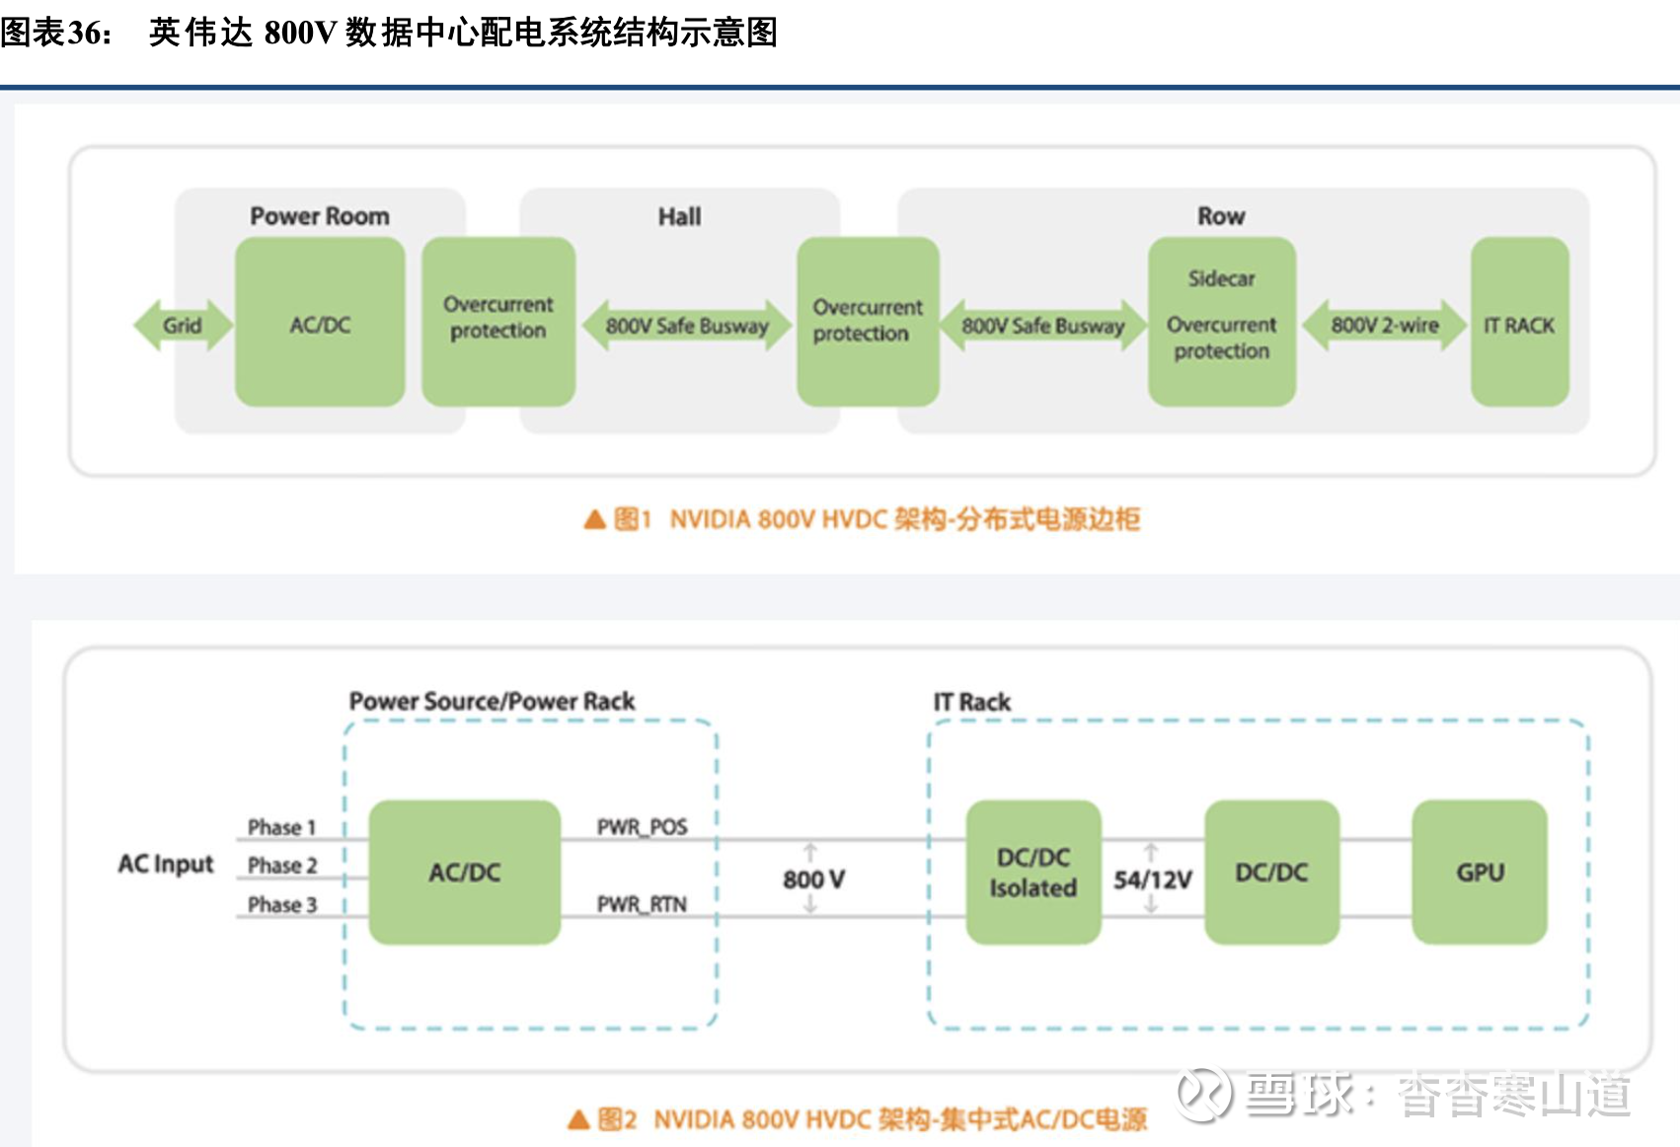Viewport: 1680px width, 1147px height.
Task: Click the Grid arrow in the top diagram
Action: pos(183,326)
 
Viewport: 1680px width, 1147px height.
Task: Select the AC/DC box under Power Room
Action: pos(320,323)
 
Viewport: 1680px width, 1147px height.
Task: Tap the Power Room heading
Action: pos(319,216)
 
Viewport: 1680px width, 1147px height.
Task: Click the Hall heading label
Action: pos(679,217)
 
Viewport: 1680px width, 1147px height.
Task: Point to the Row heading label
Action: pos(1221,216)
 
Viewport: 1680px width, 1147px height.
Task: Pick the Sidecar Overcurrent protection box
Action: pos(1221,322)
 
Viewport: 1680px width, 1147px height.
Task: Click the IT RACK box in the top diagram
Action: pos(1519,323)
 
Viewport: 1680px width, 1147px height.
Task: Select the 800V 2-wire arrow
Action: pos(1384,326)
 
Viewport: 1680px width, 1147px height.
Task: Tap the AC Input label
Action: pos(165,865)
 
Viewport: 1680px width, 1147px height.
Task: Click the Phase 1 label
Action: pos(281,827)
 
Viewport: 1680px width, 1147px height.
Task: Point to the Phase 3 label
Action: pos(281,905)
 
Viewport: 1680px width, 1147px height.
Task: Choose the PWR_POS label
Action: pos(642,827)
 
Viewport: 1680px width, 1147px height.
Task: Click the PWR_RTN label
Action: pos(642,904)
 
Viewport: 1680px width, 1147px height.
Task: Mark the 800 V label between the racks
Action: pos(813,879)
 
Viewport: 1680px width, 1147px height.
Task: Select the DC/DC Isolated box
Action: pos(1032,873)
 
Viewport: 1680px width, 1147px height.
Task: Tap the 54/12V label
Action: pos(1152,879)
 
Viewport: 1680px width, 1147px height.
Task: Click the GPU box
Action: pos(1479,873)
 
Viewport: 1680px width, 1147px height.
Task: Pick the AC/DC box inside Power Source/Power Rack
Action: pos(464,873)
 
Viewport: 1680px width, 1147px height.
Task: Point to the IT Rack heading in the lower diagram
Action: pos(971,703)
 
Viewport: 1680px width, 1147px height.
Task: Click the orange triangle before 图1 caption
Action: pos(594,519)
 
